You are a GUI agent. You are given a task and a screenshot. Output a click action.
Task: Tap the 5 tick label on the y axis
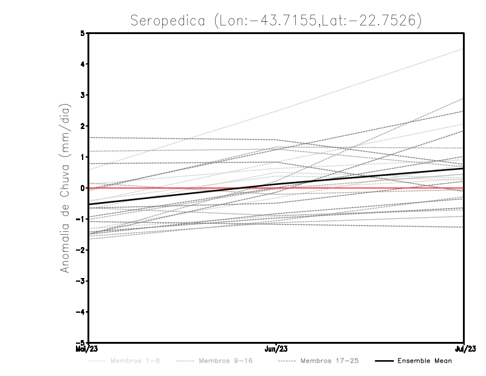tap(82, 33)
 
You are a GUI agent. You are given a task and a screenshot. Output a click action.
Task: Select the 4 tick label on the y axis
tap(82, 64)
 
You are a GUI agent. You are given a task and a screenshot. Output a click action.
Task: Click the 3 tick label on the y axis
tap(82, 96)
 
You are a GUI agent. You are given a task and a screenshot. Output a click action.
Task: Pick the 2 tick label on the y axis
tap(82, 127)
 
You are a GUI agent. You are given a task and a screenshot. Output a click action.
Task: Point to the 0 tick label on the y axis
tap(82, 188)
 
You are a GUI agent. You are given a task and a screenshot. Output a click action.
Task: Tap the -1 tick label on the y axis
tap(80, 219)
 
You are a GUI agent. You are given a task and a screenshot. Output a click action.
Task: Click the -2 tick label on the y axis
tap(80, 250)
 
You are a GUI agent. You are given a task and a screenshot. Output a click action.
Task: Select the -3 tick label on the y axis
tap(80, 281)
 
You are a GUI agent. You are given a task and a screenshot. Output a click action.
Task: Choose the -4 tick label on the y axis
tap(80, 312)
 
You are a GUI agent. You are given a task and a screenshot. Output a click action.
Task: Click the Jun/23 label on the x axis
tap(276, 349)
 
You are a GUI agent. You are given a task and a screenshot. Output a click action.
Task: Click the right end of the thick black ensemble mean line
tap(464, 169)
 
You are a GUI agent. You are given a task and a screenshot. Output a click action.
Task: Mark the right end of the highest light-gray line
tap(464, 49)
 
